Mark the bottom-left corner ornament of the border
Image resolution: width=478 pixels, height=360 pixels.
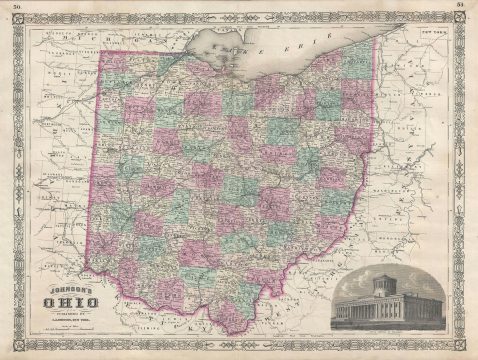15,345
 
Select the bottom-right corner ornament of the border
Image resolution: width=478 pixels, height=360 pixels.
463,345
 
